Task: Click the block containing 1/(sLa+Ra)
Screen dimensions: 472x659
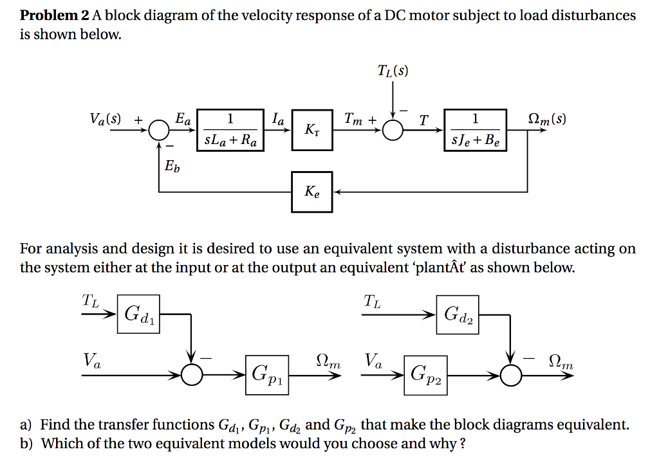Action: (230, 131)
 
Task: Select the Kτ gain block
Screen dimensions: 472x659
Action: (312, 131)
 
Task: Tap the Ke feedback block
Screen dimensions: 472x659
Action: (312, 192)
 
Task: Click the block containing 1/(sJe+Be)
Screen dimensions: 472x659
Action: (475, 131)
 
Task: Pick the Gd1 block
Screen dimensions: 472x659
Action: (138, 314)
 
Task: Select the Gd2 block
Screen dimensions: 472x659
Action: (458, 314)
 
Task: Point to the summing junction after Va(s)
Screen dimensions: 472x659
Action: (158, 131)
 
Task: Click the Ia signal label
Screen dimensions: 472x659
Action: (280, 119)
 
